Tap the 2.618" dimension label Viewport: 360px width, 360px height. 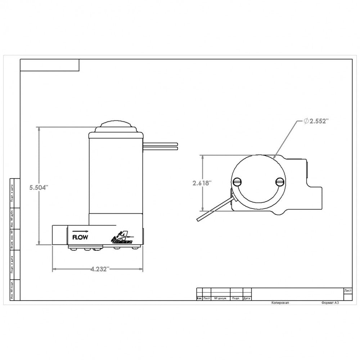[202, 183]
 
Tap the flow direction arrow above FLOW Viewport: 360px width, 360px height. [80, 230]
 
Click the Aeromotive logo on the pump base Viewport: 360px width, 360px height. [122, 238]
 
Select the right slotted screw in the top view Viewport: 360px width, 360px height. [280, 182]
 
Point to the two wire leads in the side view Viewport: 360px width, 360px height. [161, 145]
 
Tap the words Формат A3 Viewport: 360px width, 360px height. [330, 303]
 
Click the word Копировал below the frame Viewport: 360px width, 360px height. [280, 303]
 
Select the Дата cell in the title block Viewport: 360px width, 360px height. [247, 298]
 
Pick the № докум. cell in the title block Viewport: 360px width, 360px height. [220, 298]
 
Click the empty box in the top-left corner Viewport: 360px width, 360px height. [49, 65]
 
